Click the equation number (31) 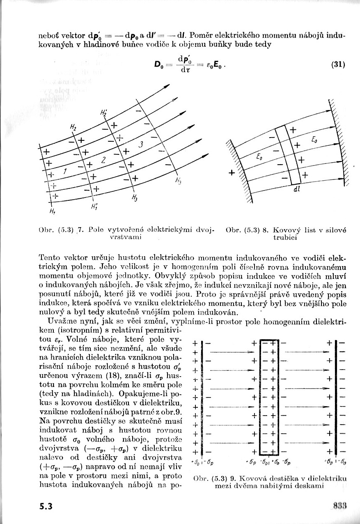tap(338, 64)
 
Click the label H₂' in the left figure tap(103, 113)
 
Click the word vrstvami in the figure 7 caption tap(126, 237)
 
